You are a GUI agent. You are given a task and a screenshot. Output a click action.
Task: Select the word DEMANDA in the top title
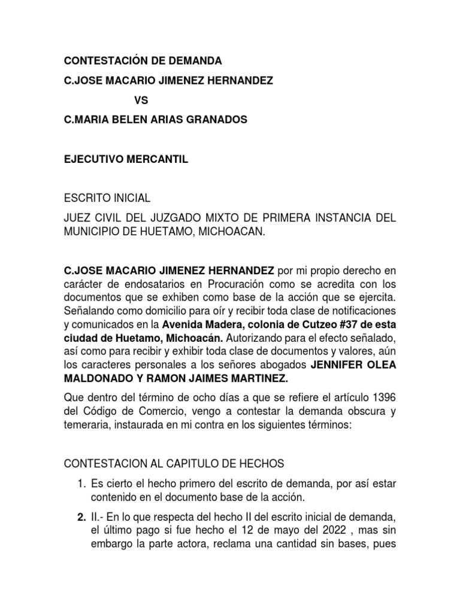click(195, 61)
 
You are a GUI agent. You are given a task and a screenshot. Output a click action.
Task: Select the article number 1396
click(382, 399)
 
